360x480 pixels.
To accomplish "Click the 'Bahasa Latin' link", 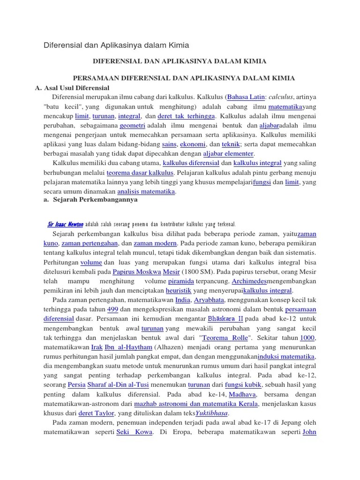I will (246, 97).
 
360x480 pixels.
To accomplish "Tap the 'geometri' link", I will (132, 126).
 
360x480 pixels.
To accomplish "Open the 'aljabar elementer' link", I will (228, 154).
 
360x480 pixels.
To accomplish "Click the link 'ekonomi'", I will (192, 144).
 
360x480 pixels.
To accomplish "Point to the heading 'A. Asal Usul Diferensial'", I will (72, 88).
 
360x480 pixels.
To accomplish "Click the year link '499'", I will (112, 309).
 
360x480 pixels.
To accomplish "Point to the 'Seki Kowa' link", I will (135, 432).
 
